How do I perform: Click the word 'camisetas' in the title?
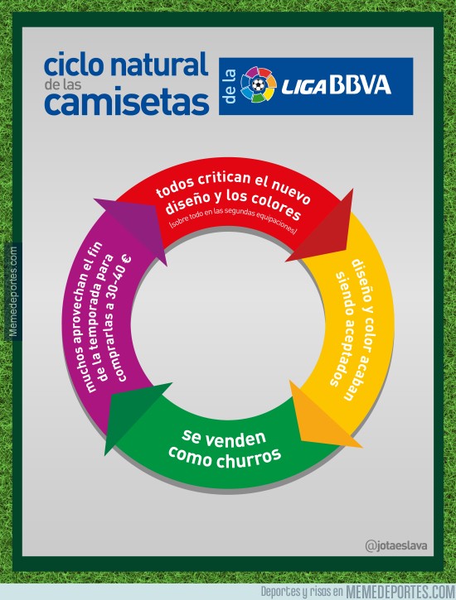pos(127,103)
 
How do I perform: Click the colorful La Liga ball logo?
pos(259,85)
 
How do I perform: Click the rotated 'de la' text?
pos(230,86)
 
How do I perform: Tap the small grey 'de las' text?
pos(63,84)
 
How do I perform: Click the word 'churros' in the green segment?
pos(249,458)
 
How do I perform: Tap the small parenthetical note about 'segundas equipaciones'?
pos(233,219)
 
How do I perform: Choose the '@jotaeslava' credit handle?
pos(396,545)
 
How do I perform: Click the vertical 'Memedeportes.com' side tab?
pos(13,291)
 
